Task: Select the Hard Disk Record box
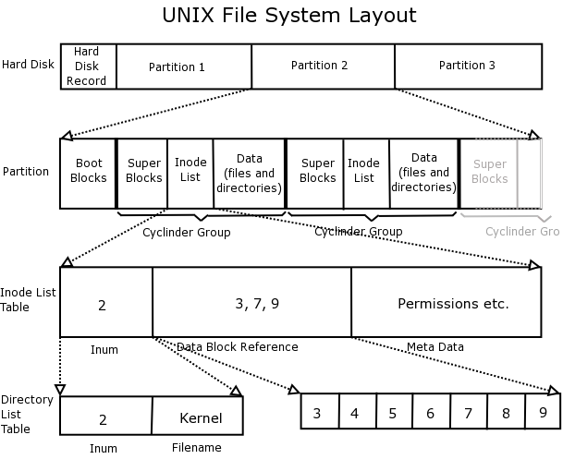(89, 66)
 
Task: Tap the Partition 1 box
(183, 66)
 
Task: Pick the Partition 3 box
(467, 66)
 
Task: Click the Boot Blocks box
(88, 173)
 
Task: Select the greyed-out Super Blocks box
(489, 172)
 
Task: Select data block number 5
(392, 413)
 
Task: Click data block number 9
(542, 411)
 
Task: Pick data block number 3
(317, 413)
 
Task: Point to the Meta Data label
(434, 347)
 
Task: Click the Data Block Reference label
(238, 347)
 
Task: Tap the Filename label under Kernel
(197, 448)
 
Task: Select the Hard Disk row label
(27, 65)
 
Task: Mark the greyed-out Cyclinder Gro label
(524, 232)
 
